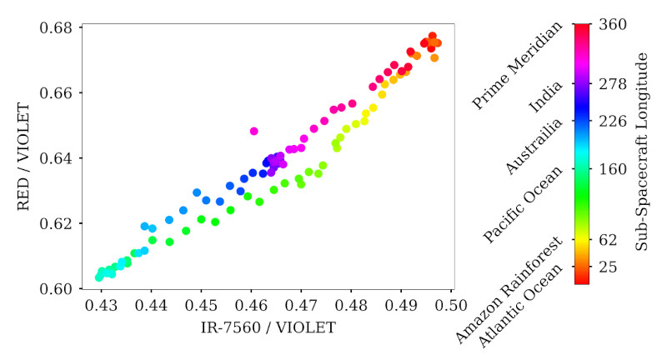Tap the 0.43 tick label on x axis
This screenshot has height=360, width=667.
[102, 306]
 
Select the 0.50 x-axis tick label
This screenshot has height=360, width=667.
[451, 306]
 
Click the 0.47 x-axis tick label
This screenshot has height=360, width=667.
[302, 306]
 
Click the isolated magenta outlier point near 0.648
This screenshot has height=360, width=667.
[254, 131]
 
